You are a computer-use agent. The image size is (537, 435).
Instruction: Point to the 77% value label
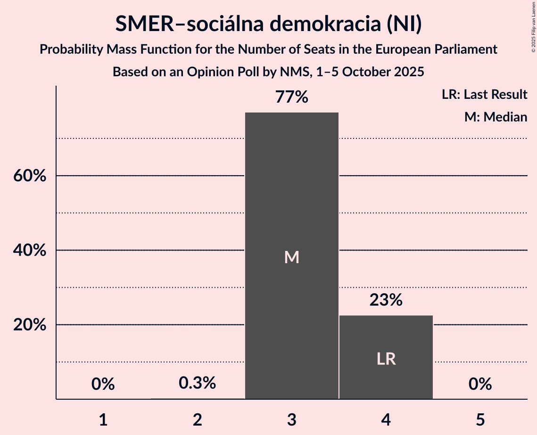pyautogui.click(x=292, y=97)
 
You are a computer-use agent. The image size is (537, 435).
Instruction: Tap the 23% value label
pyautogui.click(x=386, y=300)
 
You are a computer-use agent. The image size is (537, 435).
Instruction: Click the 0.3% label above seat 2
pyautogui.click(x=198, y=383)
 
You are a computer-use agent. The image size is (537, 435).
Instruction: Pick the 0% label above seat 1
pyautogui.click(x=103, y=384)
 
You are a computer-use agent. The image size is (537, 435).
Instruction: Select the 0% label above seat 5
pyautogui.click(x=480, y=384)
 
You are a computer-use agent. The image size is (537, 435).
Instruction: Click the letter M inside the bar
pyautogui.click(x=292, y=257)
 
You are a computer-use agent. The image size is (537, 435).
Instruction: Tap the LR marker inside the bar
pyautogui.click(x=386, y=359)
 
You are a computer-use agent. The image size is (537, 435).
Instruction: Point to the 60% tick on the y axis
pyautogui.click(x=29, y=176)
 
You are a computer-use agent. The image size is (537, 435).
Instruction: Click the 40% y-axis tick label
pyautogui.click(x=29, y=250)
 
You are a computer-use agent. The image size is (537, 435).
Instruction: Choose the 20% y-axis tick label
pyautogui.click(x=29, y=325)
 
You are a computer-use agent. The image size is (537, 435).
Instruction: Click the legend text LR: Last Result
pyautogui.click(x=485, y=95)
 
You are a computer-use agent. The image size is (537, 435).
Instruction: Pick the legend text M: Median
pyautogui.click(x=496, y=117)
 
